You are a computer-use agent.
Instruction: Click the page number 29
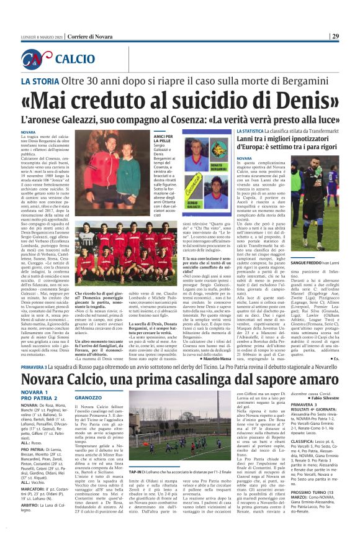tap(352, 36)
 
